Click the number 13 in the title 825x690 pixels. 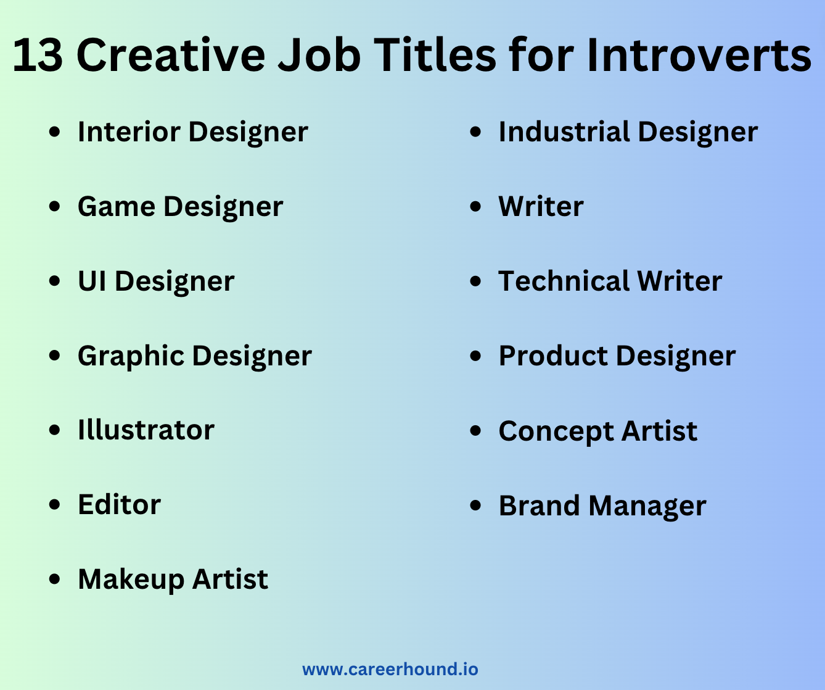click(x=38, y=55)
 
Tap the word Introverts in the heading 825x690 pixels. click(x=699, y=55)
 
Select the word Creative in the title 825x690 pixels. click(x=171, y=55)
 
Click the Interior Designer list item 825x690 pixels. click(x=193, y=132)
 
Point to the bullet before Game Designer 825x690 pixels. click(x=54, y=206)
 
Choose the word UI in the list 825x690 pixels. click(x=92, y=281)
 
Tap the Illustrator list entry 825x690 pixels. click(x=146, y=430)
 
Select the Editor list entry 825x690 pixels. click(x=120, y=505)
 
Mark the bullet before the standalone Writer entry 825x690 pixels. click(x=476, y=206)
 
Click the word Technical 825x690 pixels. click(x=564, y=281)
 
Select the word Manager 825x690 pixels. click(x=647, y=507)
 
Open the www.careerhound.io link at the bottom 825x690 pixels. click(x=390, y=669)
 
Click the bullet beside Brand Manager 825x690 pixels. click(x=476, y=505)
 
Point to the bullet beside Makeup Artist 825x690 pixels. click(x=54, y=580)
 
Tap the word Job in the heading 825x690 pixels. click(x=319, y=55)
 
